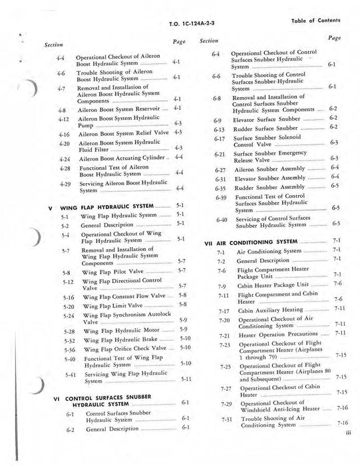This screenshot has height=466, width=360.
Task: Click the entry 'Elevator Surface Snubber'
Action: tap(266, 117)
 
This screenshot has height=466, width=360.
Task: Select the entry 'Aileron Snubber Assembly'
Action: tap(266, 168)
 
